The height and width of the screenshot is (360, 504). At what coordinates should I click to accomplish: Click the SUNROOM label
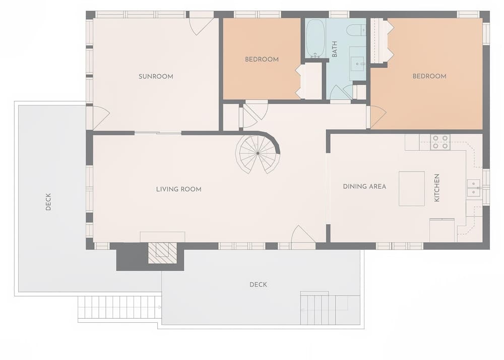(156, 77)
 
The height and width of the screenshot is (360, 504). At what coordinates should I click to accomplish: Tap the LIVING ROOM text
(178, 190)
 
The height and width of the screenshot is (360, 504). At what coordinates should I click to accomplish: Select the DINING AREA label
(364, 187)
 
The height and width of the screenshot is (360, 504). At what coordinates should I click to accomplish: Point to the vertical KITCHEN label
(437, 188)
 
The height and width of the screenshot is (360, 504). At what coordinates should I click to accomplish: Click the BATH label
(334, 49)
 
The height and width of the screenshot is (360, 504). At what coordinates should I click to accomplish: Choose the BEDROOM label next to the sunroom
(262, 59)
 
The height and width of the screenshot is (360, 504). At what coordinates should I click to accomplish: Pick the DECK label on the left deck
(48, 202)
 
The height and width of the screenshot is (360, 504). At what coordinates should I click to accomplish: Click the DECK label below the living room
(258, 285)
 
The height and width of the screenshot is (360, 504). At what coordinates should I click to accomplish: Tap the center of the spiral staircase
(258, 152)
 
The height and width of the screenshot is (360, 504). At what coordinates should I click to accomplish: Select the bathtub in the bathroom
(316, 38)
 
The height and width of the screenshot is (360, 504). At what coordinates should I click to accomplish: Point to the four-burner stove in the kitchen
(440, 142)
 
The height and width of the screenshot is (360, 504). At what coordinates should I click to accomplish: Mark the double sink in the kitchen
(473, 188)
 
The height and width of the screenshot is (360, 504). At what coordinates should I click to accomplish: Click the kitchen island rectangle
(411, 189)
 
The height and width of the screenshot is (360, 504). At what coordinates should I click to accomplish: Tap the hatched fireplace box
(162, 253)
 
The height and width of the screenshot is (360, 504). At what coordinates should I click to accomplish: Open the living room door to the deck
(303, 237)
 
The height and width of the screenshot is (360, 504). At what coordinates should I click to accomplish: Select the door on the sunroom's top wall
(201, 25)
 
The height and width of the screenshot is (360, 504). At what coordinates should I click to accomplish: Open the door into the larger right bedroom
(376, 117)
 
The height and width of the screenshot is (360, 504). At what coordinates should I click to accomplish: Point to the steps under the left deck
(119, 307)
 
